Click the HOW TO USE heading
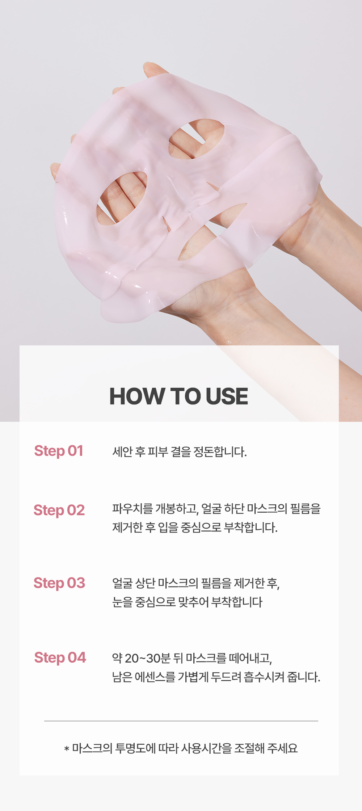(x=179, y=396)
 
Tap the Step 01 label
(x=59, y=451)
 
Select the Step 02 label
(x=59, y=510)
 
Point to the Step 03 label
(x=59, y=583)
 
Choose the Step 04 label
(x=60, y=658)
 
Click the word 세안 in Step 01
(x=122, y=452)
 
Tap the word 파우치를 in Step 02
(x=132, y=509)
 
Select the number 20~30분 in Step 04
(x=148, y=658)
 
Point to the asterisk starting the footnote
(x=67, y=748)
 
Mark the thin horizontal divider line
(x=181, y=721)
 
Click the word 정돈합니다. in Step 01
(x=220, y=452)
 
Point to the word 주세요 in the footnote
(x=282, y=748)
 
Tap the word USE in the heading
(x=227, y=396)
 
